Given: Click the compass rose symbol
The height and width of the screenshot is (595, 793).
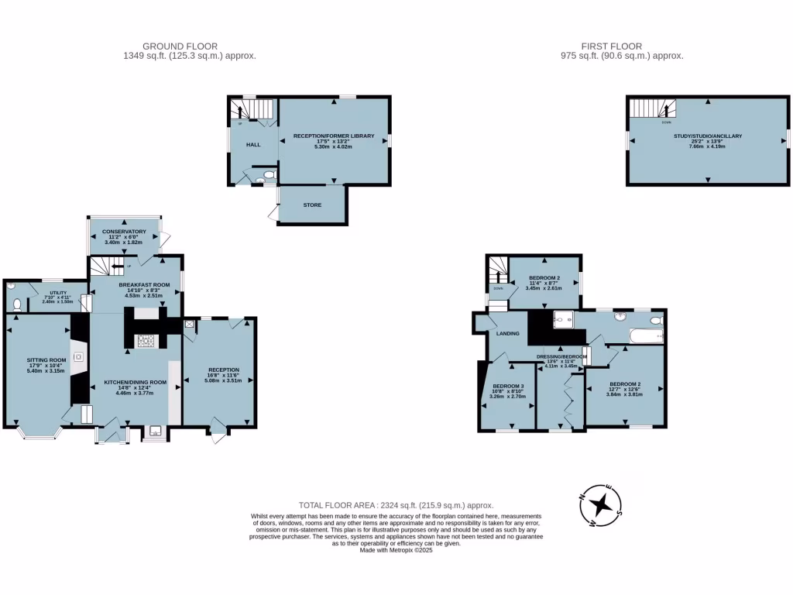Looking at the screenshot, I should point(600,505).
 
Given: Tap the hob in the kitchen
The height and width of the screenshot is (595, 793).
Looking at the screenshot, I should point(145,340).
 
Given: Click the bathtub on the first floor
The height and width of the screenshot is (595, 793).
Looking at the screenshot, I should point(646,336).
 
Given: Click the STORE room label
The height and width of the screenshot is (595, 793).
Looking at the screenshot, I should point(311,205).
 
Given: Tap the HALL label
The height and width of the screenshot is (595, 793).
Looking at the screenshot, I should point(253,145).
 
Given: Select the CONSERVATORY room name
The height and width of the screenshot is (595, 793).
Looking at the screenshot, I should point(124,232).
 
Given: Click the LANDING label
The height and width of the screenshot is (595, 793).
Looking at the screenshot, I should point(507,333).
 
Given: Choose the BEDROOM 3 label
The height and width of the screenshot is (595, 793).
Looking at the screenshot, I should point(508,386).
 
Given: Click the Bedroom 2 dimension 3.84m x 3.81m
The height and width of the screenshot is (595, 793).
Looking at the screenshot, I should point(624,394).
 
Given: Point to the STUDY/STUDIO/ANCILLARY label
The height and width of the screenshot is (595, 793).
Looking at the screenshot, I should point(707,136).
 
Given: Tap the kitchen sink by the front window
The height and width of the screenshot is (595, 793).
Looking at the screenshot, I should point(155,431).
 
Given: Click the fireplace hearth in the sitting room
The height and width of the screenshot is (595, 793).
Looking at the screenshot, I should point(78,357).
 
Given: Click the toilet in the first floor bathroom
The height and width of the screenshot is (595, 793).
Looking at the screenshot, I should point(657,319).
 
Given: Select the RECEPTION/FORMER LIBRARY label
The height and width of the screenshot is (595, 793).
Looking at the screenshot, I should point(334,136).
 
